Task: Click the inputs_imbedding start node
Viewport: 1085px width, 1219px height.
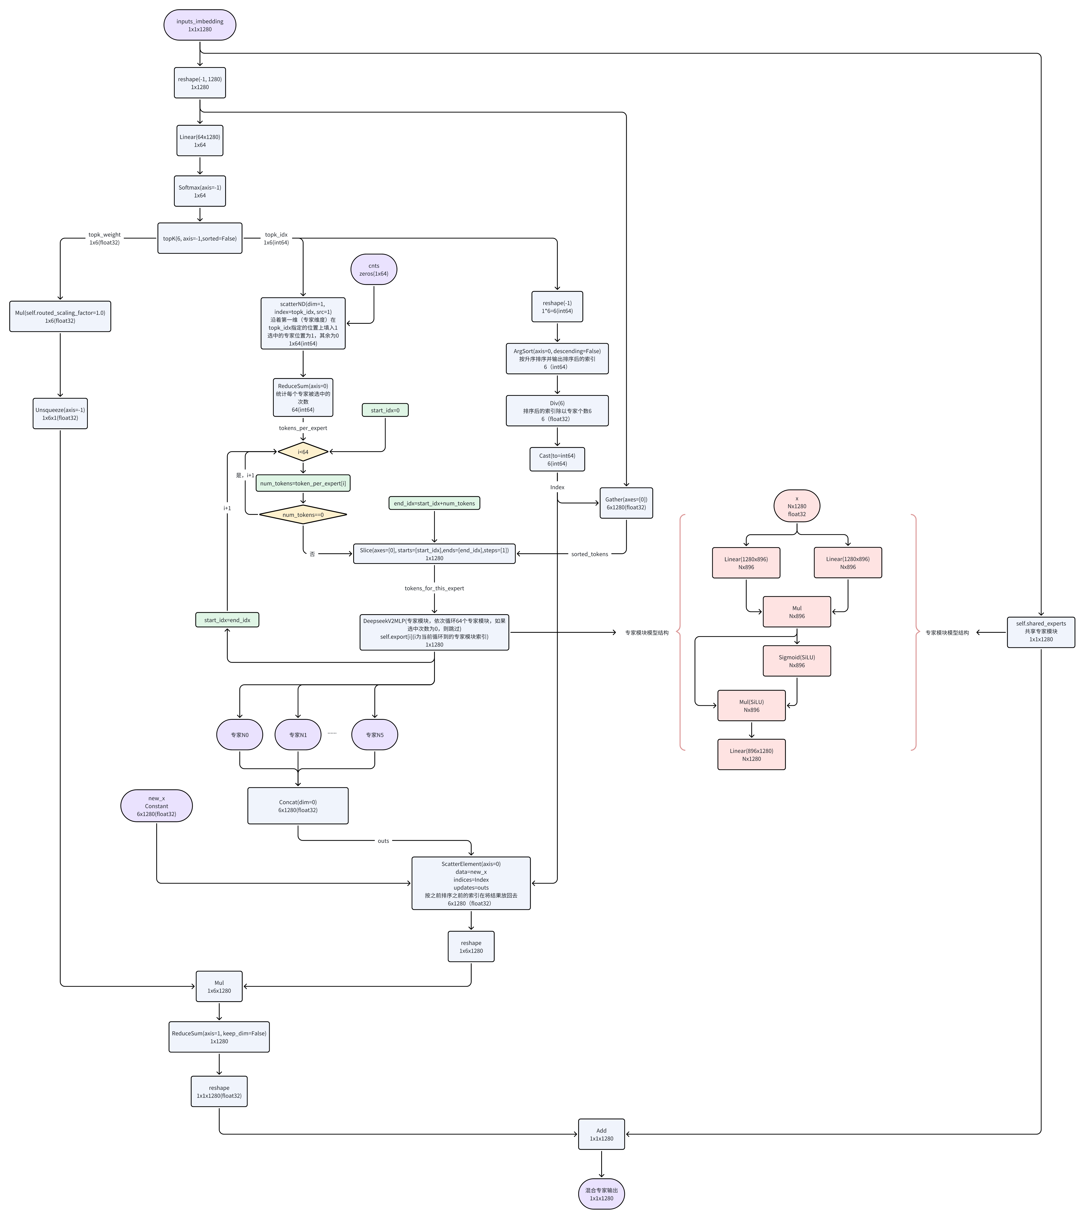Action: coord(200,25)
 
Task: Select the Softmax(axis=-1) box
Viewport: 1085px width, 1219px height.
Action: coord(200,191)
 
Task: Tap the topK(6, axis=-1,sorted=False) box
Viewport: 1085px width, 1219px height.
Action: coord(200,239)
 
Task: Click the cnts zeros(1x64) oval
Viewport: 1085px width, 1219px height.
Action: coord(373,269)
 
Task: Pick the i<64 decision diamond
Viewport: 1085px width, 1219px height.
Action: coord(303,452)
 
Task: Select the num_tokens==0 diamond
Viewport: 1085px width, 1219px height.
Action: coord(303,515)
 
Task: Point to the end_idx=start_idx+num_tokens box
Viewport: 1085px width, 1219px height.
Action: coord(434,503)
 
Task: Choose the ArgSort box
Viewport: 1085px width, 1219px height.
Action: coord(557,359)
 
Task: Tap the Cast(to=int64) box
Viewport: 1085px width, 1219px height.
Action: coord(557,459)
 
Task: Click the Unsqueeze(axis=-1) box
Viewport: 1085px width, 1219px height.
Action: coord(60,414)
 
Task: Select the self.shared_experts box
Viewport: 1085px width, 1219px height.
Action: coord(1041,632)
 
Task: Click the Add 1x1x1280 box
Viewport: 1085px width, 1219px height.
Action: coord(601,1134)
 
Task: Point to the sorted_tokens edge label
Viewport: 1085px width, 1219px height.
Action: coord(589,554)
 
